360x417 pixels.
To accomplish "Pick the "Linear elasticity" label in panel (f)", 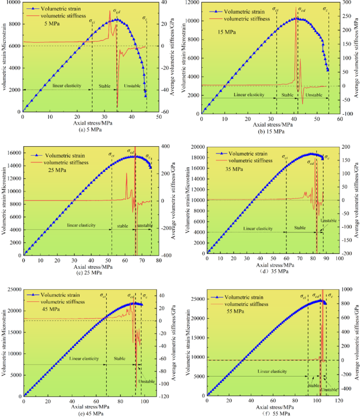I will (x=272, y=371).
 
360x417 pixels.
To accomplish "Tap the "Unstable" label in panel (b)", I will (x=314, y=95).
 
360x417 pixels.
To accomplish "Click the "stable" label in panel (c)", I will (x=122, y=226).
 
